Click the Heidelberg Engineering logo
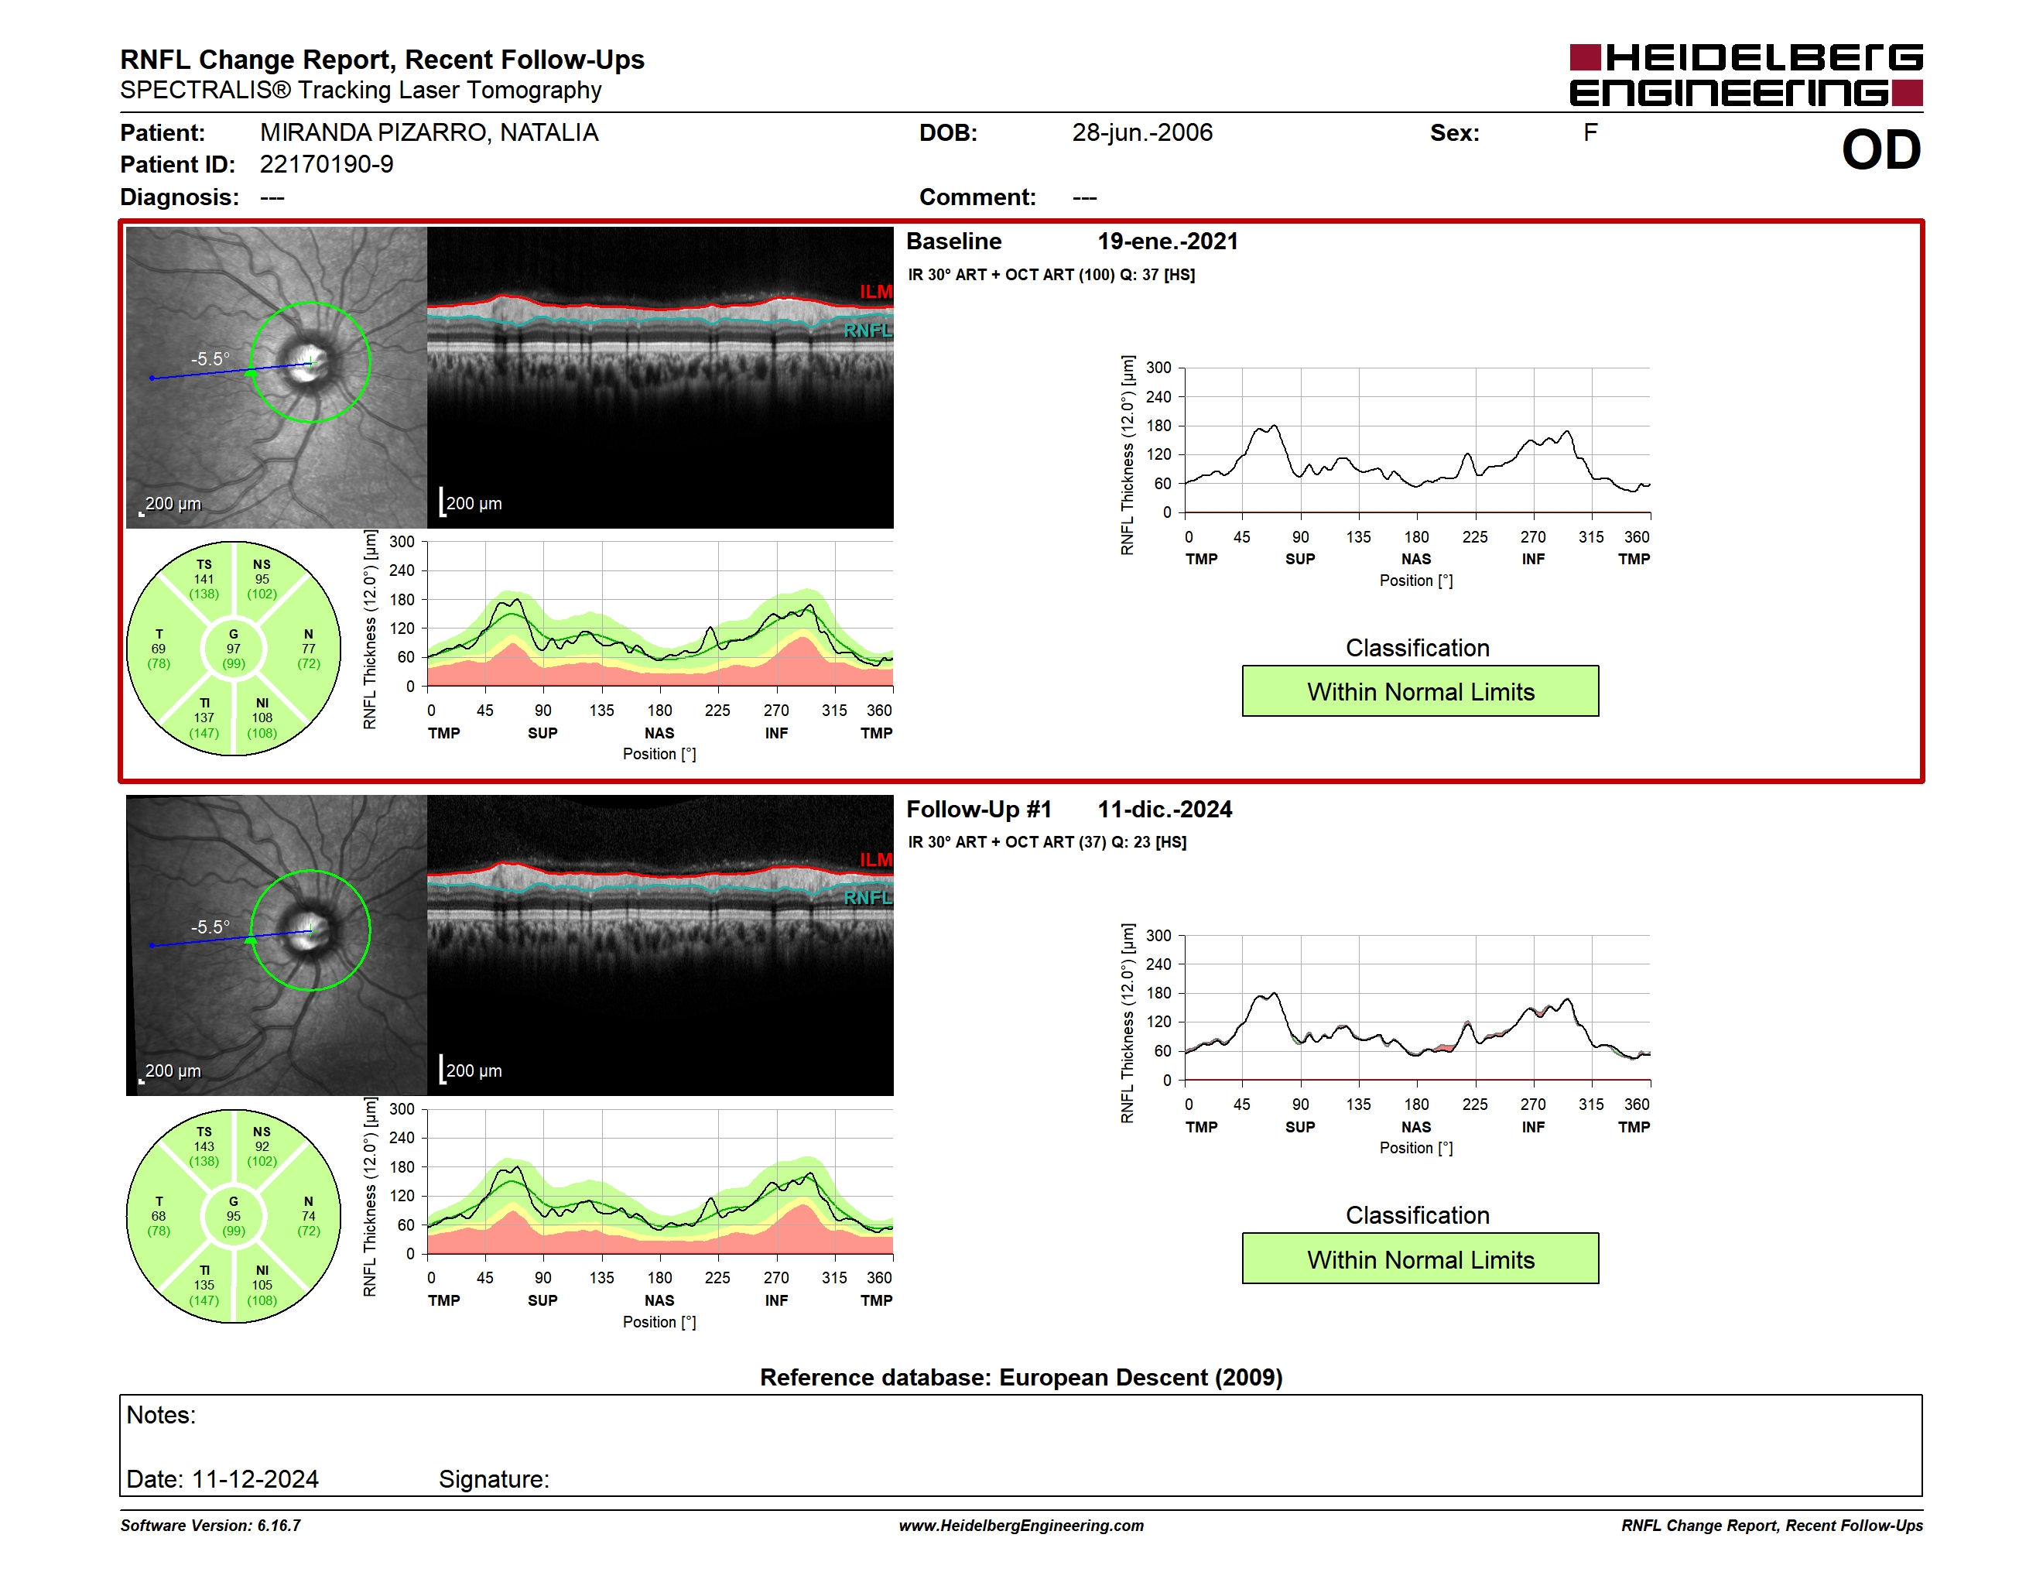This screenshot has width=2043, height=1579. pos(1746,75)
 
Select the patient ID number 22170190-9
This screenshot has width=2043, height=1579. pos(327,165)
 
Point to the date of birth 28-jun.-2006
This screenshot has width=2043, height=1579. pos(1141,133)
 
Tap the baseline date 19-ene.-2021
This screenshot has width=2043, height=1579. pos(1168,241)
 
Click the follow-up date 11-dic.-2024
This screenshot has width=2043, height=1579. pos(1165,809)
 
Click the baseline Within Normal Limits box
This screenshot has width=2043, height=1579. pos(1420,691)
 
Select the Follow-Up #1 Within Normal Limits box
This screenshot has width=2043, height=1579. pos(1420,1259)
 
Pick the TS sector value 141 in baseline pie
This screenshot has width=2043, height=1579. pos(204,579)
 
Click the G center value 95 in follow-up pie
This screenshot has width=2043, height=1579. pos(233,1216)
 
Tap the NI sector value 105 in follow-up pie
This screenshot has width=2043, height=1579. pos(262,1286)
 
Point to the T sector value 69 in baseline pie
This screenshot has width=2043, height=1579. pos(159,649)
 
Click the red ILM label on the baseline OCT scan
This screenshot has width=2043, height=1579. pos(875,292)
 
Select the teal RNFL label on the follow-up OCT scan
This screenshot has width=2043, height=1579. pos(868,898)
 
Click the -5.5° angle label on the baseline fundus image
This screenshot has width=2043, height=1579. pos(210,359)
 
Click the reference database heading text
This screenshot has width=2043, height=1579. pos(1021,1377)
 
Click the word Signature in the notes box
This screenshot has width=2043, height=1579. pos(494,1479)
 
